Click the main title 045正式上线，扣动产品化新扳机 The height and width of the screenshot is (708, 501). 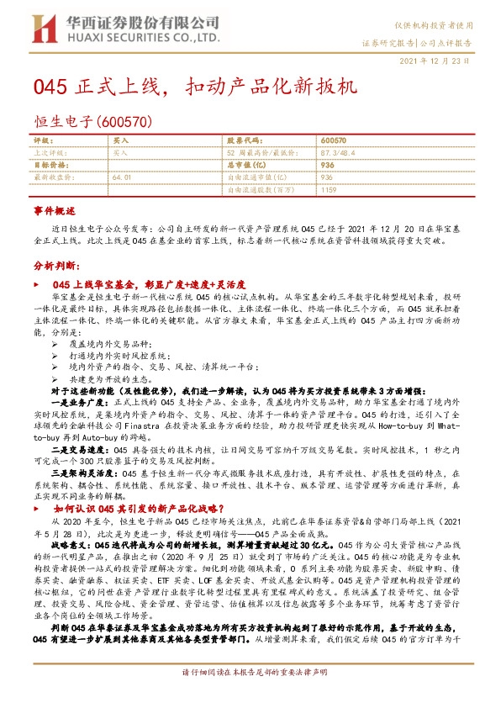(196, 87)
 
